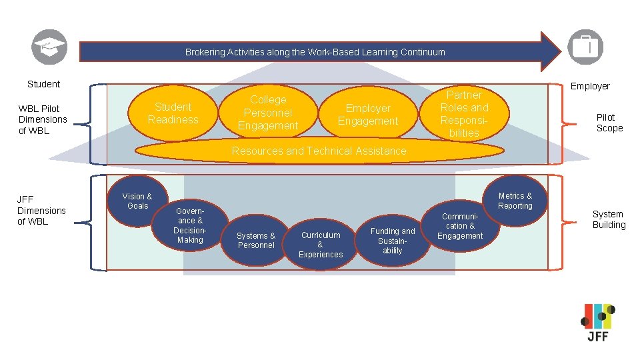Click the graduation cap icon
point(49,47)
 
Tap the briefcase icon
point(585,47)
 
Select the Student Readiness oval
point(173,113)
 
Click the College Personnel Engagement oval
point(268,113)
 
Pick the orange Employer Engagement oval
point(367,115)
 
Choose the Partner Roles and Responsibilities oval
point(464,114)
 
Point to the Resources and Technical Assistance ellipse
point(319,151)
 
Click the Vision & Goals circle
point(137,201)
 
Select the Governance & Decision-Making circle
point(190,225)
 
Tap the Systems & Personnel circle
point(256,240)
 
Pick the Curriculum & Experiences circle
point(321,244)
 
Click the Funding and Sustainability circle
point(393,240)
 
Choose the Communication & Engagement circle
point(460,226)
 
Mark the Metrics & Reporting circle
point(515,201)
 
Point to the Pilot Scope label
point(609,123)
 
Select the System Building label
point(609,219)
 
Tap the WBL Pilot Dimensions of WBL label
point(43,119)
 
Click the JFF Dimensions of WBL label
point(41,210)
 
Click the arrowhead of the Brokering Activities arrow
point(551,51)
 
